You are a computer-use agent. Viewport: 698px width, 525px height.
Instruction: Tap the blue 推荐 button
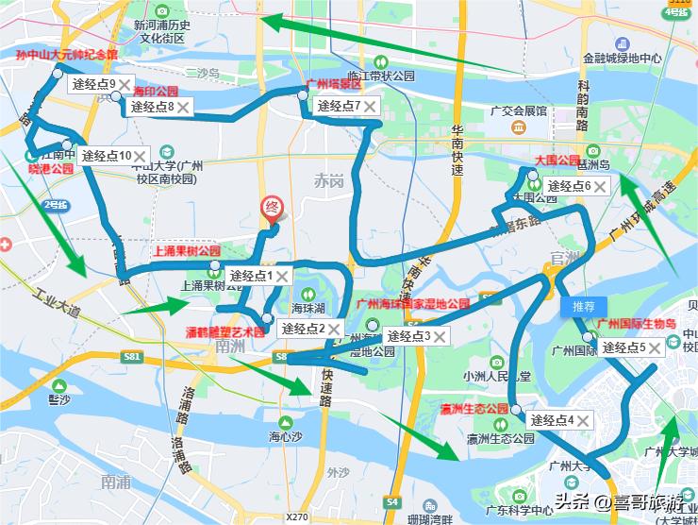tap(583, 307)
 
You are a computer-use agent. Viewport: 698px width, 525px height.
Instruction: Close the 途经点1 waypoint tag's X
tap(282, 276)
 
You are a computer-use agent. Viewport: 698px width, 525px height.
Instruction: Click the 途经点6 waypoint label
tap(569, 186)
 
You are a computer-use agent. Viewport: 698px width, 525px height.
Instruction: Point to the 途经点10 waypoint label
tap(106, 155)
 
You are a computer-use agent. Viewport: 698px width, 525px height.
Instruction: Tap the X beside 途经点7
tap(371, 106)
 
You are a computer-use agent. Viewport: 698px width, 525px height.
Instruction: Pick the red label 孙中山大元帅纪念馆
tap(66, 55)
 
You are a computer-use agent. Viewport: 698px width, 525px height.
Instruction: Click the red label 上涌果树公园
tap(187, 251)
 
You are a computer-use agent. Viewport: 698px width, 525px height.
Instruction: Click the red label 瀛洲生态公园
tap(474, 409)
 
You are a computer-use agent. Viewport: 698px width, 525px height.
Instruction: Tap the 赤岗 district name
tap(330, 179)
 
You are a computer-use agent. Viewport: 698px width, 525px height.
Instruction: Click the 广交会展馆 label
tap(519, 110)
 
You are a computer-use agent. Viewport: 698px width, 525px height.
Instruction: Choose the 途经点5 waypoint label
tap(623, 347)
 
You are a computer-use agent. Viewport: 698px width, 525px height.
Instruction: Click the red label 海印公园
tap(157, 92)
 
